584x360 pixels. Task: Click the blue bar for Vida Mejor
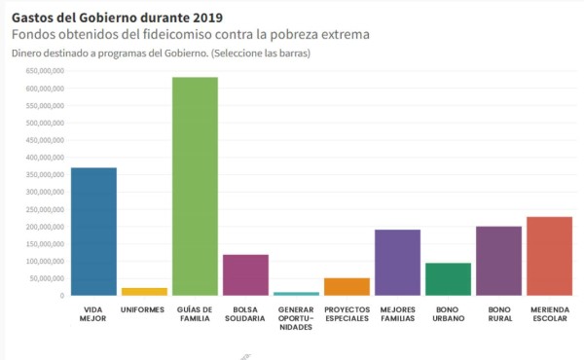pyautogui.click(x=93, y=232)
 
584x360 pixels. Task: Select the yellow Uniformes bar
pyautogui.click(x=144, y=291)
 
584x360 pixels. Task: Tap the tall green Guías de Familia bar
pyautogui.click(x=195, y=186)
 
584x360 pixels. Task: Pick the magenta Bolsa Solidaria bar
pyautogui.click(x=245, y=274)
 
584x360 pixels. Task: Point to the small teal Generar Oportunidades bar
pyautogui.click(x=296, y=293)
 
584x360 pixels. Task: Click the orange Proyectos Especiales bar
pyautogui.click(x=347, y=286)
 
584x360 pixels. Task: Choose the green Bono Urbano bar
pyautogui.click(x=448, y=279)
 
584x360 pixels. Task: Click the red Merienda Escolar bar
pyautogui.click(x=549, y=256)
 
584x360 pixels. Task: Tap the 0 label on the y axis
pyautogui.click(x=61, y=296)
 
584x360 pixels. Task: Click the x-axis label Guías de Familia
pyautogui.click(x=195, y=314)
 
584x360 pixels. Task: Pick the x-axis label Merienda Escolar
pyautogui.click(x=549, y=314)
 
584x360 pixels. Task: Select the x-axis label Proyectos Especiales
pyautogui.click(x=347, y=314)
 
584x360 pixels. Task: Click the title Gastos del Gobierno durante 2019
pyautogui.click(x=116, y=17)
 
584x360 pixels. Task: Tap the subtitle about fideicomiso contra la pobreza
pyautogui.click(x=190, y=34)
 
